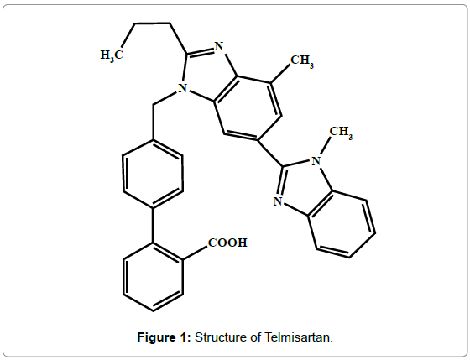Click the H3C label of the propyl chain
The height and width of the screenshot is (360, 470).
[x=112, y=55]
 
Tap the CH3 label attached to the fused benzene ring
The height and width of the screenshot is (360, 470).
[x=302, y=61]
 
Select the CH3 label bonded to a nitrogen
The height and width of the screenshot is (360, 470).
[x=341, y=133]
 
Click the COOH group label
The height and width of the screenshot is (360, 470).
[x=227, y=243]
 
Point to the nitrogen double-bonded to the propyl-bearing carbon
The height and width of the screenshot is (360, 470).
[x=219, y=46]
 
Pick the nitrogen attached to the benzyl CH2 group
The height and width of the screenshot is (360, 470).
[x=183, y=88]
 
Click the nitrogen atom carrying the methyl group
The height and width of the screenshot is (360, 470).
[x=316, y=161]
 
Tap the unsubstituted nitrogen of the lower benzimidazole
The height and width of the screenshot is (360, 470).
[x=278, y=201]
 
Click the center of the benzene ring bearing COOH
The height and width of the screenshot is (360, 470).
[x=153, y=277]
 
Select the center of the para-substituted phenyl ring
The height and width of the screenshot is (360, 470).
[x=153, y=174]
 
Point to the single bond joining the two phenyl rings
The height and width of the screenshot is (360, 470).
[x=153, y=226]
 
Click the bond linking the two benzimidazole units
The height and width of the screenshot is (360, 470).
[x=270, y=153]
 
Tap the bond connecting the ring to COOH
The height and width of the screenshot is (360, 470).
[x=195, y=253]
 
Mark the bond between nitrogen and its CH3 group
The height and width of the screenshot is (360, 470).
[x=326, y=146]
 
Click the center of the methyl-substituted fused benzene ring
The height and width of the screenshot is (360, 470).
[x=248, y=108]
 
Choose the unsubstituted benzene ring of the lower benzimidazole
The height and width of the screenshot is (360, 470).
[x=342, y=224]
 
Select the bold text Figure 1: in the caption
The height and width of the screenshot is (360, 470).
[x=164, y=337]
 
